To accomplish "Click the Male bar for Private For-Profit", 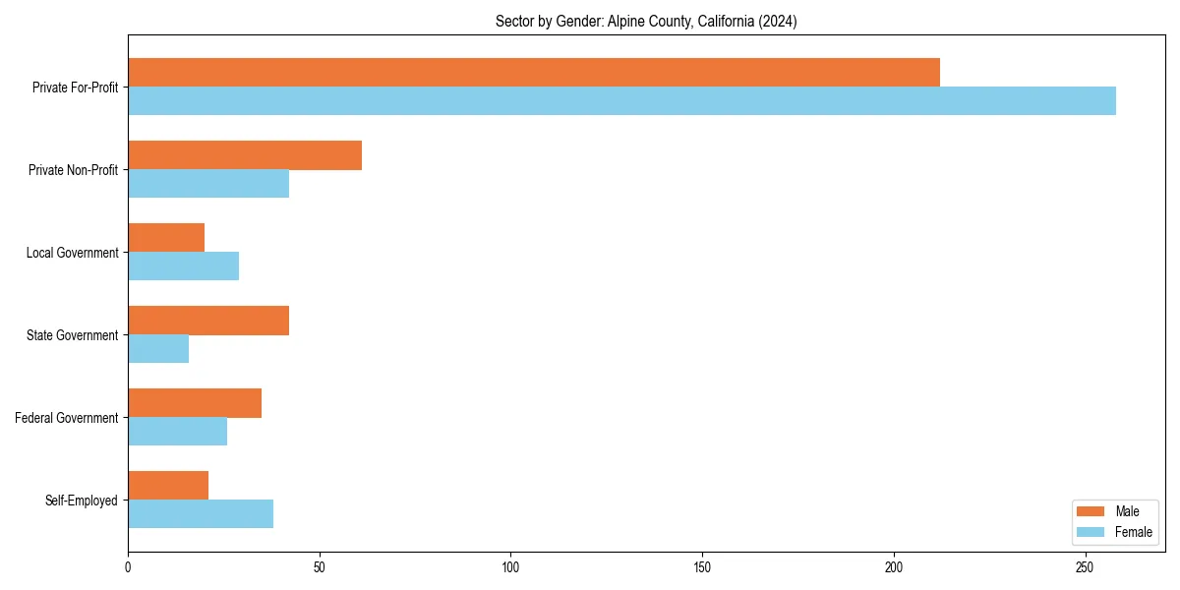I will pyautogui.click(x=534, y=73).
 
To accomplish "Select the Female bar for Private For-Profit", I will pyautogui.click(x=621, y=101).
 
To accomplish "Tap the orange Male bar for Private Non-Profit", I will pyautogui.click(x=245, y=155).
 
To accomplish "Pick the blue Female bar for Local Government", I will pyautogui.click(x=183, y=266).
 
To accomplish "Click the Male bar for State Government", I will pyautogui.click(x=208, y=321).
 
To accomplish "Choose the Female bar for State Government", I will pyautogui.click(x=158, y=349).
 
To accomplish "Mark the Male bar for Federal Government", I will pyautogui.click(x=195, y=403).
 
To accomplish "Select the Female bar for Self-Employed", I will pyautogui.click(x=201, y=514).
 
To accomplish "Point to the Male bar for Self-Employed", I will pyautogui.click(x=168, y=486).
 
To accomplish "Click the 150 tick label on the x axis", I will pyautogui.click(x=702, y=567).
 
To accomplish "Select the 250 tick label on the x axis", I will pyautogui.click(x=1085, y=567).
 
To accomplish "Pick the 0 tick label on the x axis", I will pyautogui.click(x=128, y=567).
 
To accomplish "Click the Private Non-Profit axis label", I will pyautogui.click(x=75, y=170).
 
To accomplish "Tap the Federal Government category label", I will pyautogui.click(x=67, y=418).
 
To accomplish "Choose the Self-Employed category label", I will pyautogui.click(x=82, y=501).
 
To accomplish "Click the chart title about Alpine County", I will pyautogui.click(x=646, y=22).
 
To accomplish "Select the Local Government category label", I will pyautogui.click(x=73, y=253).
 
